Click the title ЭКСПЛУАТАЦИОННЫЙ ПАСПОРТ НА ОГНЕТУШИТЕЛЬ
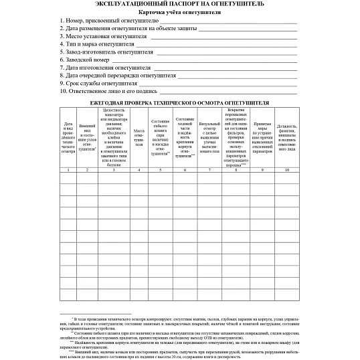(180, 4)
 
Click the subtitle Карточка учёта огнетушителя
(180, 12)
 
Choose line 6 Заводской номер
(85, 60)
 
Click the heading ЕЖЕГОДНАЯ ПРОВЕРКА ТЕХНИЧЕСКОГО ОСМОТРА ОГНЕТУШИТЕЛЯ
(180, 104)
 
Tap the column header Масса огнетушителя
(139, 138)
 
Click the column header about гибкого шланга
(161, 138)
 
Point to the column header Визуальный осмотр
(209, 138)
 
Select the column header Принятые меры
(262, 138)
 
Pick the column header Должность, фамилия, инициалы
(287, 138)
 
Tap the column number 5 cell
(161, 171)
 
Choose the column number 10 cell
(287, 171)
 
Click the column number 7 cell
(209, 171)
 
